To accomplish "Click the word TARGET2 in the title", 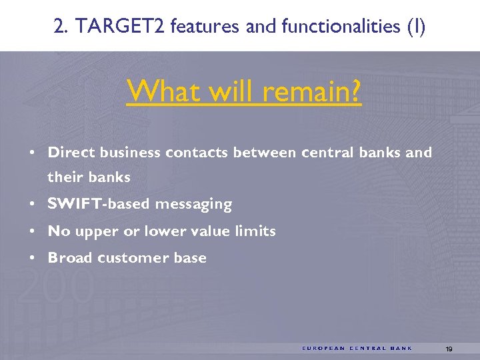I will [123, 26].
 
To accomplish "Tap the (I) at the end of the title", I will [415, 26].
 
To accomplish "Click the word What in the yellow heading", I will [158, 91].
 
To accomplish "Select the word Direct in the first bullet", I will [71, 152].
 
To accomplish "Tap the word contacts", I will [197, 152].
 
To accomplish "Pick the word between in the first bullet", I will [264, 152].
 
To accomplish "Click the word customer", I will [133, 258].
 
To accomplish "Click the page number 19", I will [449, 349].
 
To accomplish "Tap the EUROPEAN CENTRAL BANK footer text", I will [357, 348].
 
